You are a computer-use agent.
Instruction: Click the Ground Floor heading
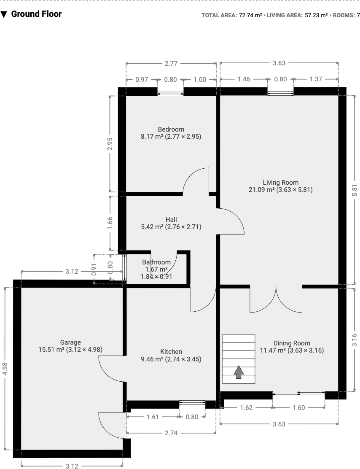[36, 14]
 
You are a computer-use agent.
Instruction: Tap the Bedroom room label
[171, 129]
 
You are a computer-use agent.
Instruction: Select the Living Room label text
[280, 183]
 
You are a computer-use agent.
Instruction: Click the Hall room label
[171, 219]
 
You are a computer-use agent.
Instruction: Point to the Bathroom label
[156, 262]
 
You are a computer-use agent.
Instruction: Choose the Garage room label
[70, 342]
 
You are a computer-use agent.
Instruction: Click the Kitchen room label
[171, 352]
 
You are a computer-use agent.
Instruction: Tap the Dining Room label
[291, 343]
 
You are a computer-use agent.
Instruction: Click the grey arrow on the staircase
[239, 372]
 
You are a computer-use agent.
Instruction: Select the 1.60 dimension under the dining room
[298, 407]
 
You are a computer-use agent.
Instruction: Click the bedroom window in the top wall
[171, 94]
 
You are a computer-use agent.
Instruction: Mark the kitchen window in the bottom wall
[192, 402]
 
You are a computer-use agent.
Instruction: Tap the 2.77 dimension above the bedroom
[171, 63]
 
